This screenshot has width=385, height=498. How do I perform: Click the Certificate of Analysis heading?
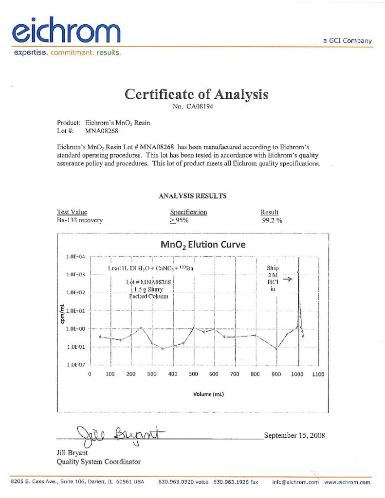(x=196, y=94)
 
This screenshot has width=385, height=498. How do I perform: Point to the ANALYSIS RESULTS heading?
(x=192, y=196)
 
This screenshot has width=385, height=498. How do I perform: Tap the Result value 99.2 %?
(x=272, y=220)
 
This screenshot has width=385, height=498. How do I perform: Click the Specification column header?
(x=188, y=212)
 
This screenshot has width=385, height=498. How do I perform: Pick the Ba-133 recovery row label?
(x=80, y=220)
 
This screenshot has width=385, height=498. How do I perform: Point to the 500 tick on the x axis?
(x=194, y=374)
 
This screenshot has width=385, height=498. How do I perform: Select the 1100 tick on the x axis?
(x=317, y=374)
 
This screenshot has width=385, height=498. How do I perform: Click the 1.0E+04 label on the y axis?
(x=75, y=256)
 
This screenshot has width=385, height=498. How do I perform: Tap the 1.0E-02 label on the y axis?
(x=75, y=365)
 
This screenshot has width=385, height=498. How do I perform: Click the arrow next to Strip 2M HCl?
(x=287, y=279)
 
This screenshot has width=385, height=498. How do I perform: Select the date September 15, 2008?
(x=294, y=435)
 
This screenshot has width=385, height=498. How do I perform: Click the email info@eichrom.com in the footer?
(x=295, y=482)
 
